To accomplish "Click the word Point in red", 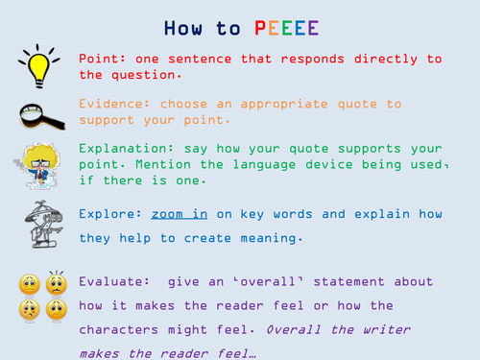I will click(100, 59).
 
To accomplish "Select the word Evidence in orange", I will click(111, 103).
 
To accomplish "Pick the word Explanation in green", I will click(124, 149).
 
